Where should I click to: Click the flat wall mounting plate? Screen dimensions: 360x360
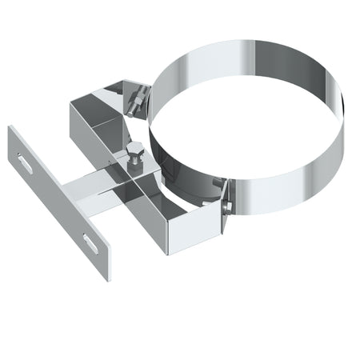tap(60, 204)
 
